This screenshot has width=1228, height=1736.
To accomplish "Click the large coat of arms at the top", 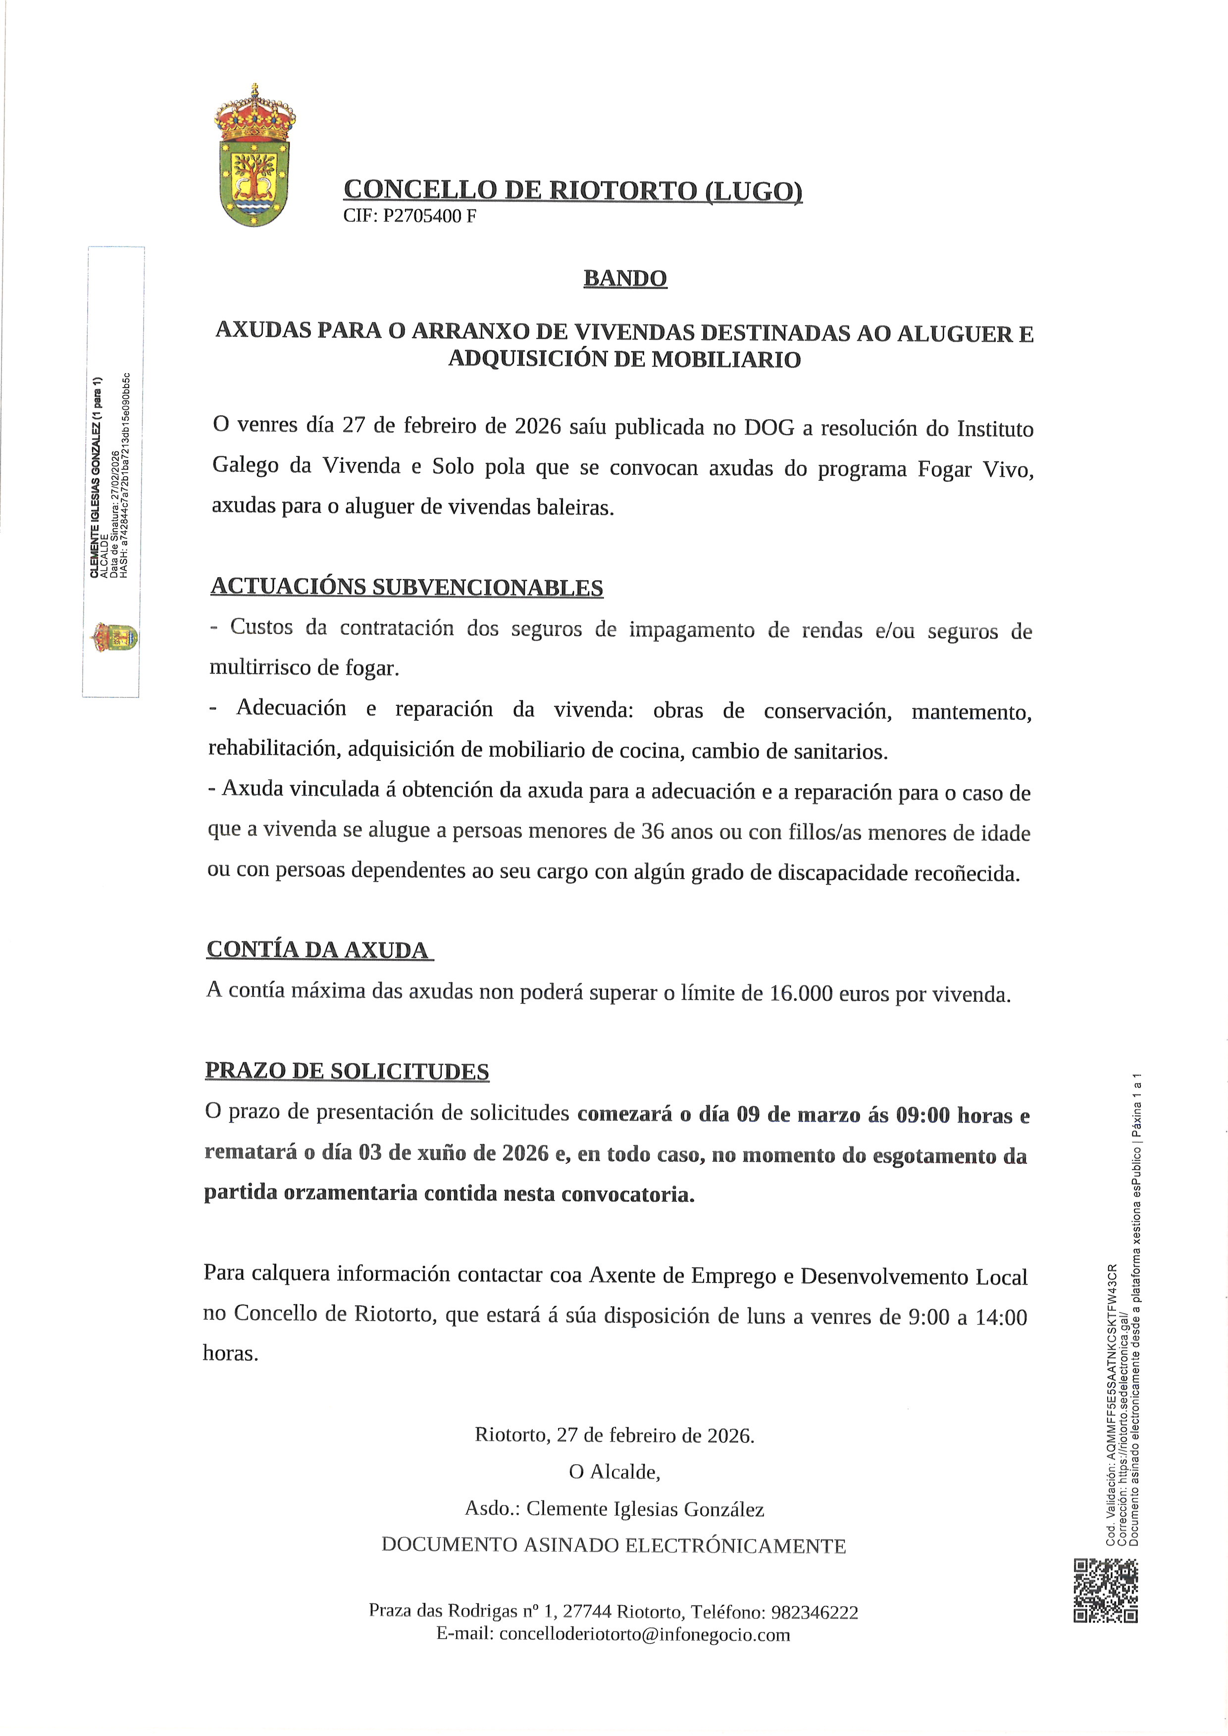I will tap(254, 156).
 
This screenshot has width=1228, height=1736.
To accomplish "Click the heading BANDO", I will tap(624, 278).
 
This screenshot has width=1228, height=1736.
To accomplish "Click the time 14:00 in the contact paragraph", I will tap(1001, 1318).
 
